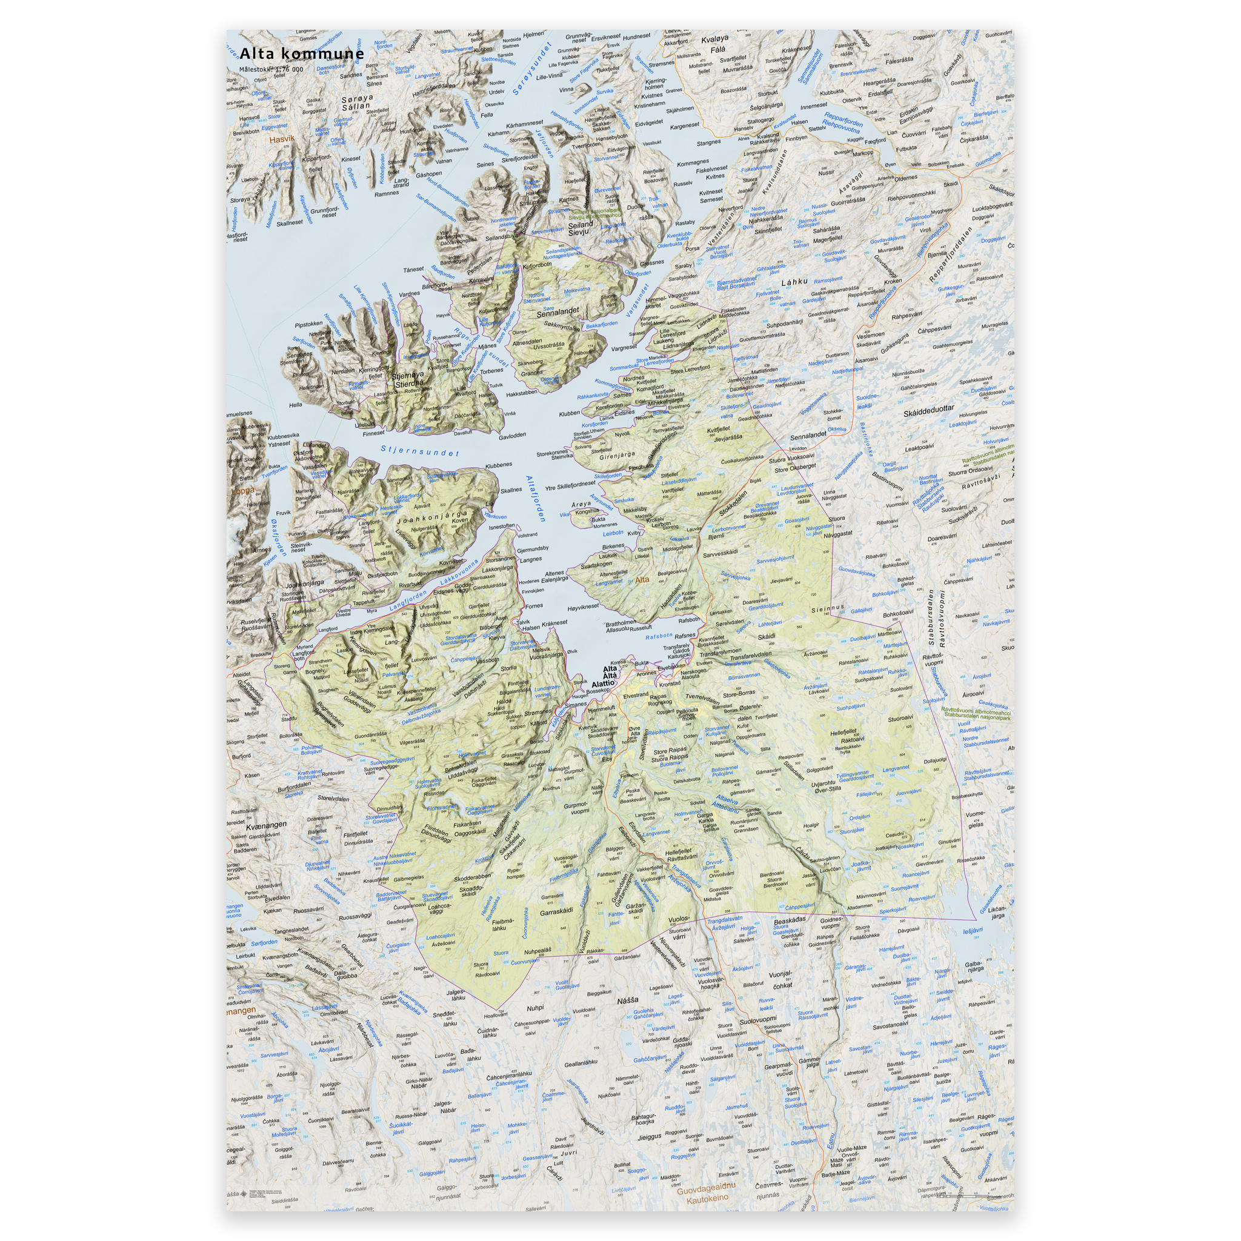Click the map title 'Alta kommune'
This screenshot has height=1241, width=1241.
click(x=302, y=54)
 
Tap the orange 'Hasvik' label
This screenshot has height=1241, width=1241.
click(x=282, y=139)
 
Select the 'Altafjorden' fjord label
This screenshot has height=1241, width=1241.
click(x=535, y=499)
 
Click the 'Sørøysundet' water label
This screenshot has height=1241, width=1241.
click(x=533, y=69)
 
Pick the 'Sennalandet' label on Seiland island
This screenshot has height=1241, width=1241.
click(x=557, y=311)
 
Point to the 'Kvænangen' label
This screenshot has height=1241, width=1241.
click(x=265, y=824)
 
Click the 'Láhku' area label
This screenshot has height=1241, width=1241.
click(x=794, y=282)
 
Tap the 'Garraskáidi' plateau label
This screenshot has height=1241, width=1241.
click(x=556, y=911)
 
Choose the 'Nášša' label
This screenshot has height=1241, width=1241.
click(x=628, y=1000)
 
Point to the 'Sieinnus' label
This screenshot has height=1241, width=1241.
click(x=827, y=608)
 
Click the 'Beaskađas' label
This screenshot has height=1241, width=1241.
click(x=790, y=920)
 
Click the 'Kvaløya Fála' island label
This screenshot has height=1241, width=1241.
click(x=715, y=44)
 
